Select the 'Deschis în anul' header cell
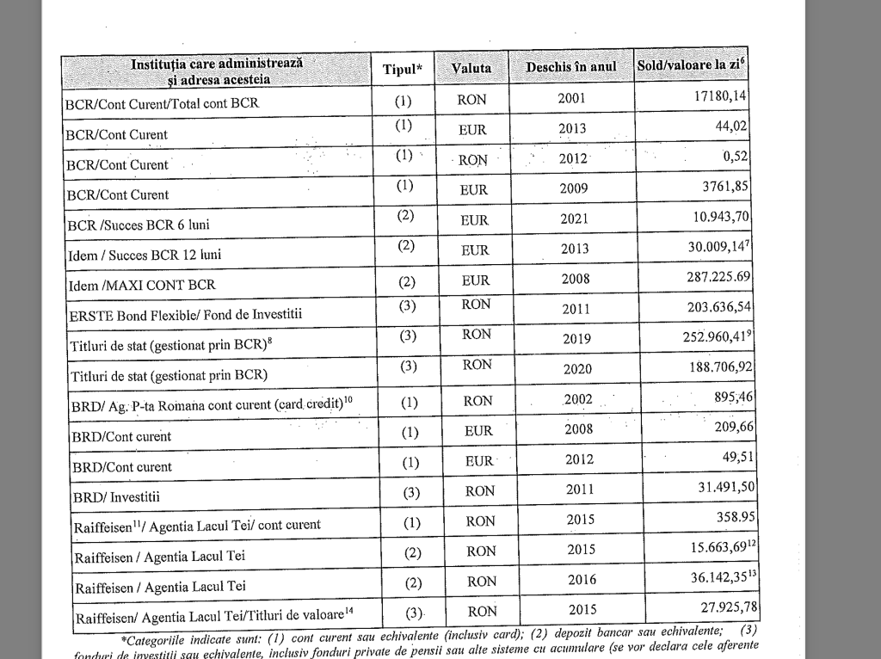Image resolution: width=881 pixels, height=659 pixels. (x=570, y=67)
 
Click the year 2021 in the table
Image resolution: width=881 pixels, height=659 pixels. (x=574, y=219)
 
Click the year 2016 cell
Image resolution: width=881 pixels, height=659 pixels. (x=582, y=580)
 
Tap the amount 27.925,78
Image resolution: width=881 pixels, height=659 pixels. (x=717, y=608)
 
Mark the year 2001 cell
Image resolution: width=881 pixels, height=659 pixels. (x=571, y=99)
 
